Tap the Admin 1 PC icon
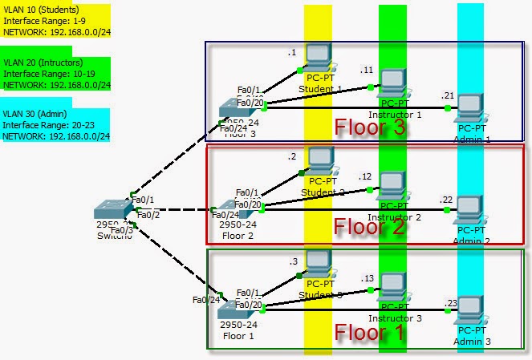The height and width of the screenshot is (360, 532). click(x=470, y=107)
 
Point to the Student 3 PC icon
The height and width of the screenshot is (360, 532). click(x=319, y=264)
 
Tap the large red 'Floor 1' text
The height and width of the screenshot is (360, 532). click(x=370, y=331)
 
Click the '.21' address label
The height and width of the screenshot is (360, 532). click(x=447, y=95)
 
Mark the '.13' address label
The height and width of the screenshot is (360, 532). click(x=368, y=277)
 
